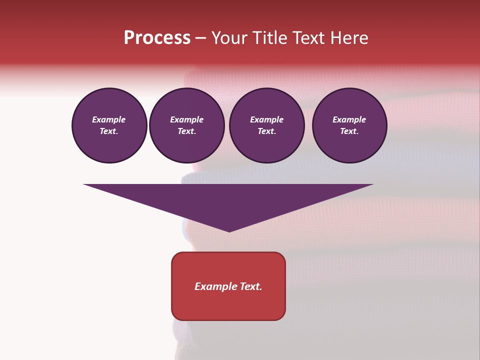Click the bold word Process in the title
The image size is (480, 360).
click(x=157, y=38)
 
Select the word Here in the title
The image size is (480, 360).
click(x=349, y=38)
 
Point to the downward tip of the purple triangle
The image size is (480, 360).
click(x=229, y=230)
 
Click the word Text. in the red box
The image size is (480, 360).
click(x=250, y=286)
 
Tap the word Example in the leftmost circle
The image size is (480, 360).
click(x=109, y=119)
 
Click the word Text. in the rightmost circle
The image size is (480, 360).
click(x=349, y=131)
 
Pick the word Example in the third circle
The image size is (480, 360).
click(x=266, y=119)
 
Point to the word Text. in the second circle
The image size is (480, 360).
click(x=187, y=131)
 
